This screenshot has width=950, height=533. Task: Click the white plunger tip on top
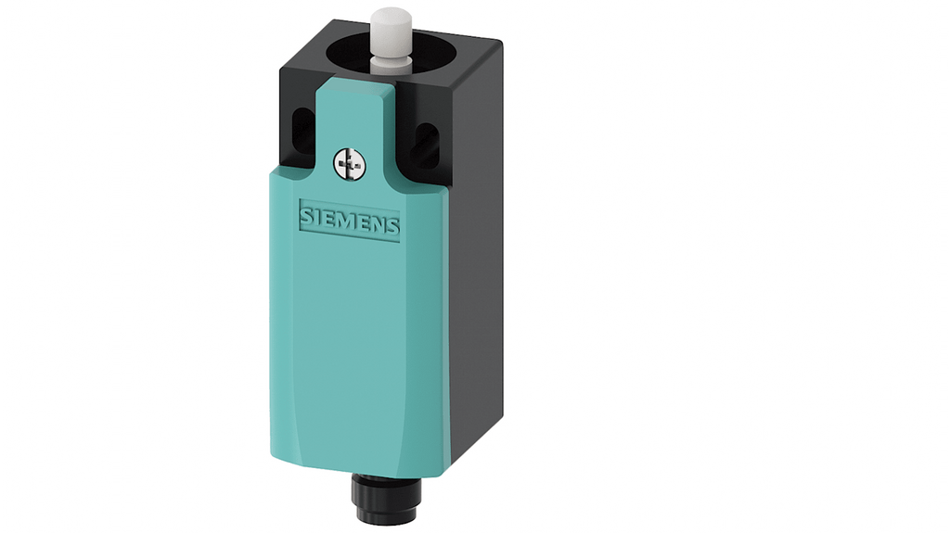390,31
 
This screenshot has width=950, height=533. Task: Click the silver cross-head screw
350,164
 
